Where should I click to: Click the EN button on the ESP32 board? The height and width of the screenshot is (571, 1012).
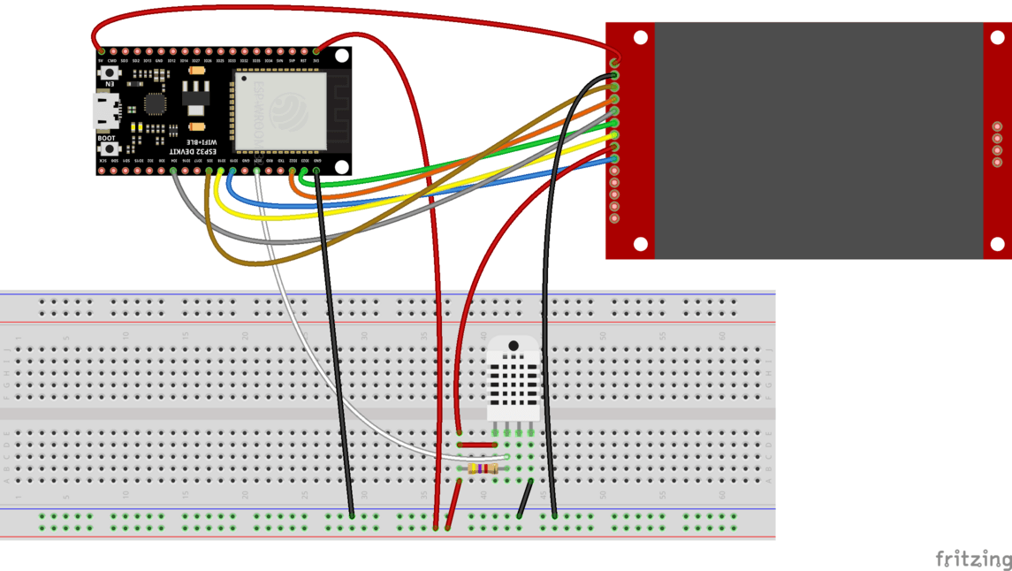110,73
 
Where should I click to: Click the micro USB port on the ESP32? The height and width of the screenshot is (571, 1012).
107,110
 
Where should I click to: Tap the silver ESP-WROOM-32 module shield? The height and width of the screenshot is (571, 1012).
280,110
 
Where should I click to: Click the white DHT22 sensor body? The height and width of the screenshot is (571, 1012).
514,380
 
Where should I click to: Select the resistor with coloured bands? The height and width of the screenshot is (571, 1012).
483,468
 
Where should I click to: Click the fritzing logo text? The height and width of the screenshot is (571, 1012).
972,559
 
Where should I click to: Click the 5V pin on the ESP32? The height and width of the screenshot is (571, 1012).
101,51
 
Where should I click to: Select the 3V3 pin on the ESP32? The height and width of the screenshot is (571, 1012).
316,51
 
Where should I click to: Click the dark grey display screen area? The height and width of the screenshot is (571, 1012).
818,140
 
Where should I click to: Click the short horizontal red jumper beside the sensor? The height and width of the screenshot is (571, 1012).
477,445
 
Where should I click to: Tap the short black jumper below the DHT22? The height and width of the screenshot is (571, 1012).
525,499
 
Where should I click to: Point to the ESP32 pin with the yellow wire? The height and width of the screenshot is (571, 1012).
220,171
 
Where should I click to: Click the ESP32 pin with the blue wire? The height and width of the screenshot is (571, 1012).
232,171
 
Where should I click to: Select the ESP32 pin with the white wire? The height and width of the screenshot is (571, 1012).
257,171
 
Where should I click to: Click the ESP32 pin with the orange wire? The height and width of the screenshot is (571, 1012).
293,171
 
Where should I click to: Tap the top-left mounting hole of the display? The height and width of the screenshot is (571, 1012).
641,37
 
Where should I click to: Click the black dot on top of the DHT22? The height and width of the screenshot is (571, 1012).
514,346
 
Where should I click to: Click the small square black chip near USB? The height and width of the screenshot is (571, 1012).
155,103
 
